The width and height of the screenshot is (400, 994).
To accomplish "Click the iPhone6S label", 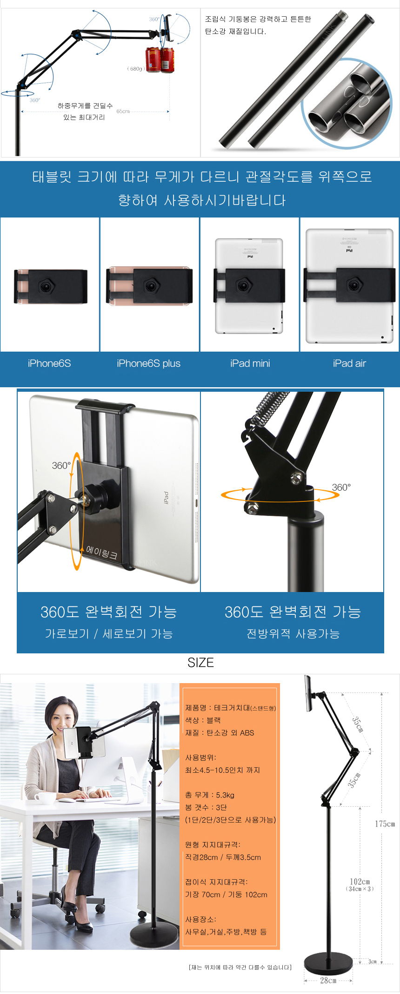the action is (x=49, y=363).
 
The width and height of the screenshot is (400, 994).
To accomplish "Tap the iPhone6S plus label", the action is (x=148, y=363).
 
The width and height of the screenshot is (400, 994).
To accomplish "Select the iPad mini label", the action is (x=250, y=363).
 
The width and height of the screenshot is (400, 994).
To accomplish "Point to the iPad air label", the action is (x=349, y=363).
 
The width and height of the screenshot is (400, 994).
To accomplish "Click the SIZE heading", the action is (x=200, y=663).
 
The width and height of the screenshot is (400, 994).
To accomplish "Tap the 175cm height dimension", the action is (x=385, y=824).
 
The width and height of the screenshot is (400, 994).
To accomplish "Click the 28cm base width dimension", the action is (x=328, y=981).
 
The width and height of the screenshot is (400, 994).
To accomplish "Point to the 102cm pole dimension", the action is (x=360, y=882).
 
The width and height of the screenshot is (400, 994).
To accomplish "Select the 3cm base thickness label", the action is (x=373, y=961).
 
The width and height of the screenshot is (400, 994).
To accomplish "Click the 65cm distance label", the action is (x=123, y=111).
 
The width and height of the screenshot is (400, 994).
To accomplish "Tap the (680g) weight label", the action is (x=136, y=69).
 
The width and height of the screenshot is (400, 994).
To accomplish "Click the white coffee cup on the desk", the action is (x=44, y=798).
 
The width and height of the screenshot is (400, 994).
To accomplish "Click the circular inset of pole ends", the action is (x=347, y=103).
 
